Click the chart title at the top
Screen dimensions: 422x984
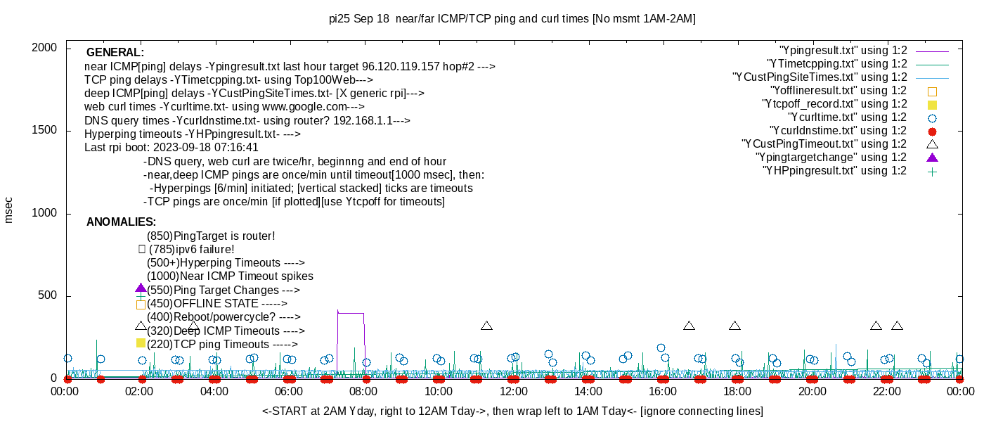[x=512, y=19]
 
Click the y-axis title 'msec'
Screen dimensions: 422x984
[x=8, y=210]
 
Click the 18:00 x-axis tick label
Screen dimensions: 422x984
[x=737, y=392]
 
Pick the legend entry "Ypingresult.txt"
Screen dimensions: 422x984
[x=843, y=51]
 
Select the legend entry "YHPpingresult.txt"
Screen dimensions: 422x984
[x=834, y=171]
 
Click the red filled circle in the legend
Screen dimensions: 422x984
[x=932, y=131]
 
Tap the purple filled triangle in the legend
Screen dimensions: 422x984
[x=932, y=158]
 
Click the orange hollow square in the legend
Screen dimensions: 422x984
[x=932, y=91]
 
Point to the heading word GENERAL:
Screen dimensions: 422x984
[x=115, y=53]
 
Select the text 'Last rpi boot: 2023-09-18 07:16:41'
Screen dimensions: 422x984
[x=171, y=148]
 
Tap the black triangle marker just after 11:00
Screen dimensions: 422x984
[x=486, y=326]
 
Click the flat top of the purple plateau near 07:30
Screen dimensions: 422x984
[x=351, y=313]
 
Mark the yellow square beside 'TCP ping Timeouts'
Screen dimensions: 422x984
[x=141, y=343]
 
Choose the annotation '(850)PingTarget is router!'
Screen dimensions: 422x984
[x=211, y=236]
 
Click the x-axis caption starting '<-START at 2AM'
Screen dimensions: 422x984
[x=512, y=411]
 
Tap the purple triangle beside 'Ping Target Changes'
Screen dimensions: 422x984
[x=141, y=288]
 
